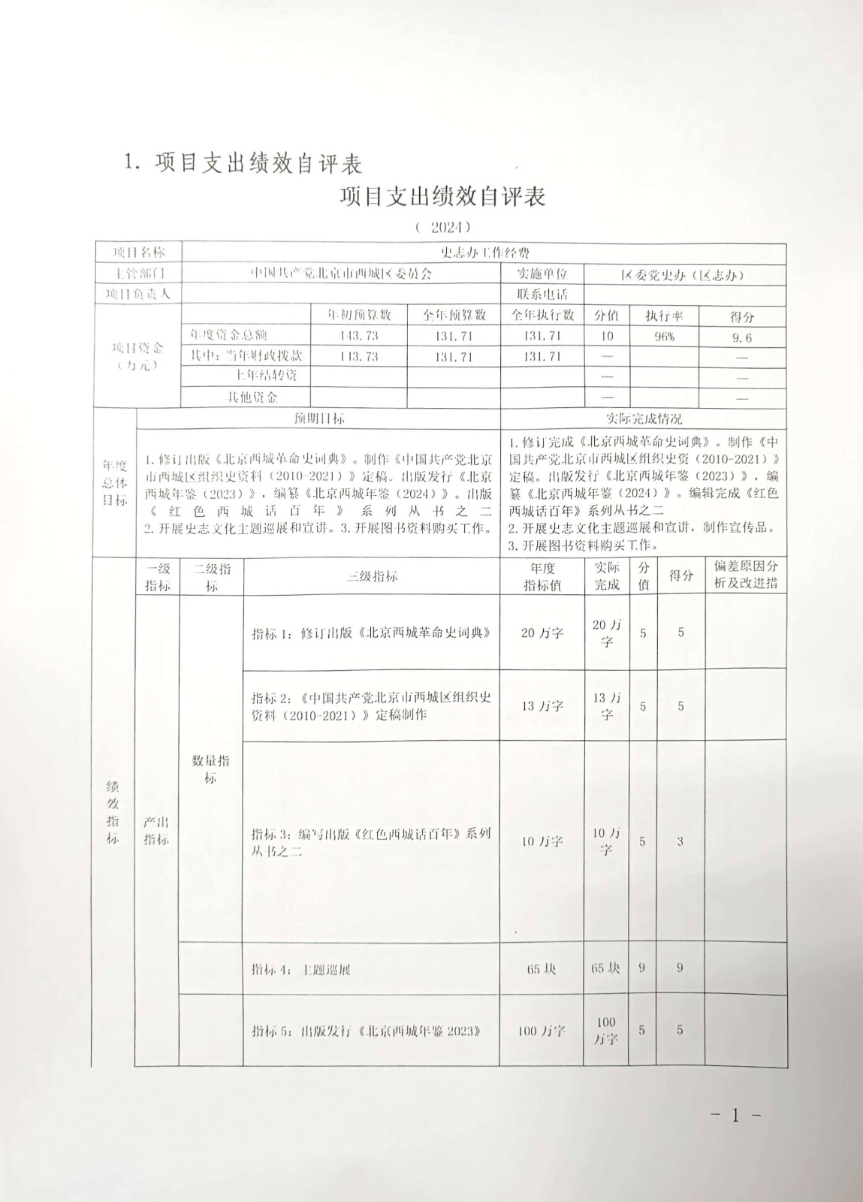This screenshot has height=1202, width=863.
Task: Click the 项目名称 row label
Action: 137,252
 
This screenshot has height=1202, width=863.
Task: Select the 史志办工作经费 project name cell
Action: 484,253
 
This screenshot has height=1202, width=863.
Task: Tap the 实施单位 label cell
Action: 541,273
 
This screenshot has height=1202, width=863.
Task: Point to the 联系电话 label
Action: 542,294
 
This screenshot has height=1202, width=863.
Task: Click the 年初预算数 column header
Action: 359,316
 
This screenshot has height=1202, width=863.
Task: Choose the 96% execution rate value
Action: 664,337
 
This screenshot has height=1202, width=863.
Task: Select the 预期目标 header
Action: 319,418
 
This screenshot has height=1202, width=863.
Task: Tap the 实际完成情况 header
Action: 644,418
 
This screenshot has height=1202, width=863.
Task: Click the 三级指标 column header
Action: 372,576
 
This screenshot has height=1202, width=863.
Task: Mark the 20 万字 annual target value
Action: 542,633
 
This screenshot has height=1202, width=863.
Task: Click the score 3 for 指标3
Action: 680,841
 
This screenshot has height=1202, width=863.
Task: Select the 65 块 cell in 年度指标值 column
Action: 542,968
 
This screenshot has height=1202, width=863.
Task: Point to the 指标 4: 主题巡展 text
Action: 301,969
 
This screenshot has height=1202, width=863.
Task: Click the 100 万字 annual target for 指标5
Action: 542,1031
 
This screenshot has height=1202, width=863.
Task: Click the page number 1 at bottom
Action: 735,1116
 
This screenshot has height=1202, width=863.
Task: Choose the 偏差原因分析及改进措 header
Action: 746,575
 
